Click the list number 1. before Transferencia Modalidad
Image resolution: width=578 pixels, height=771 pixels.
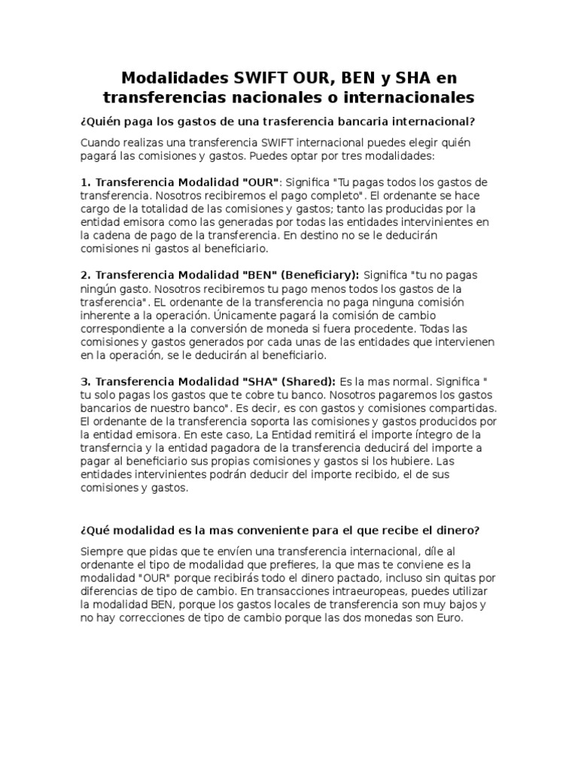coord(85,182)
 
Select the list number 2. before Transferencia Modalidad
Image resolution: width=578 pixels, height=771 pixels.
coord(85,275)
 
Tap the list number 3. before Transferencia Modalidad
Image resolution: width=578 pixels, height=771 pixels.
coord(85,381)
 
